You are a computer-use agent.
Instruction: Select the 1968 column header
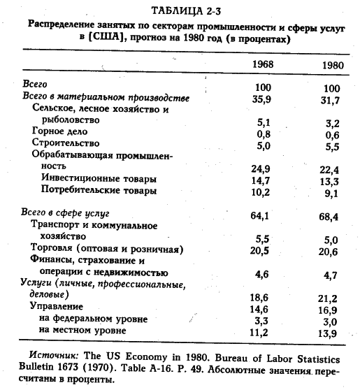pyautogui.click(x=263, y=65)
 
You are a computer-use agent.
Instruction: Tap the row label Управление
pyautogui.click(x=59, y=306)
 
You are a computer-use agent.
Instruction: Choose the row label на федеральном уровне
pyautogui.click(x=93, y=318)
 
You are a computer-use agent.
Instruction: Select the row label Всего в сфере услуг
pyautogui.click(x=67, y=212)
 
